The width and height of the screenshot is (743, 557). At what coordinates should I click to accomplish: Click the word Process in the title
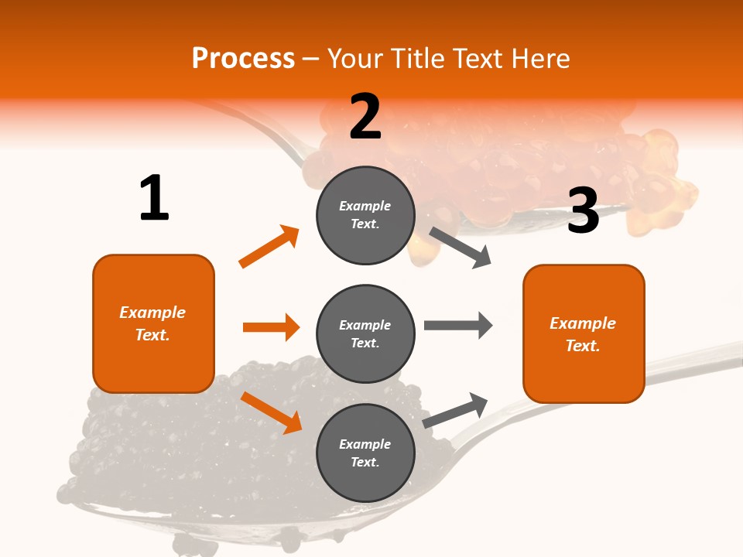[243, 59]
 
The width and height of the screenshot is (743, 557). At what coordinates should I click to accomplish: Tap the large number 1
[154, 199]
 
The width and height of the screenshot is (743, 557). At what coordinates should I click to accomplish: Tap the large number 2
[365, 117]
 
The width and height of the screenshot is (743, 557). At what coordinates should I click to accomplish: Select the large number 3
[583, 210]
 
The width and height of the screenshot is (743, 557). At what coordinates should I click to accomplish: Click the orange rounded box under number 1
[153, 323]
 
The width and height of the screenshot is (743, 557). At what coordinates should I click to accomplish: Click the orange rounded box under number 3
[584, 334]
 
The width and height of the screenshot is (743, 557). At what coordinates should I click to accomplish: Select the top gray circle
[365, 215]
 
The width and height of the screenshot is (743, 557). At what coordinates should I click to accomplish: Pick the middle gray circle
[365, 334]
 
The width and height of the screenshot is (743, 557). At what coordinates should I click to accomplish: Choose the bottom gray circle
[365, 453]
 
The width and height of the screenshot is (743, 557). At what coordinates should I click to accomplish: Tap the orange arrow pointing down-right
[272, 412]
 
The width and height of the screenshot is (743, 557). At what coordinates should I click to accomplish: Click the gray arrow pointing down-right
[461, 248]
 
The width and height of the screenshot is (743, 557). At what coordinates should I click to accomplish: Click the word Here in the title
[539, 59]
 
